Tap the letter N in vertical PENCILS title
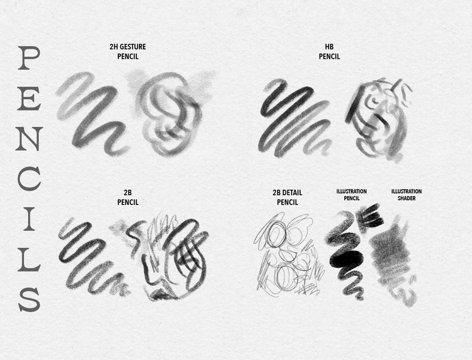[x=29, y=139]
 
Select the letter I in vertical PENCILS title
[x=29, y=219]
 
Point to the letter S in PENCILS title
[x=29, y=299]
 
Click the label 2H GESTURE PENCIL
[x=128, y=52]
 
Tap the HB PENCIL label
[x=329, y=52]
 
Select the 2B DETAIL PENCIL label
[x=287, y=197]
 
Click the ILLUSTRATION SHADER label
[x=406, y=195]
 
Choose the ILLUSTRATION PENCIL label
[x=351, y=195]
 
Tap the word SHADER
[x=406, y=198]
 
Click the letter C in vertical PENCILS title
[x=29, y=179]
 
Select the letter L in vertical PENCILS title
[x=29, y=259]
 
